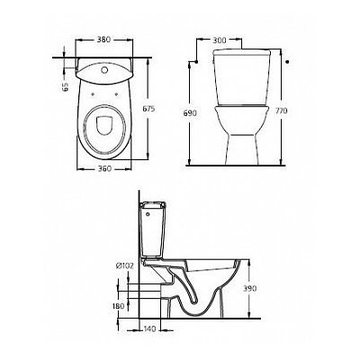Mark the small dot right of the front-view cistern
(x=286, y=64)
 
